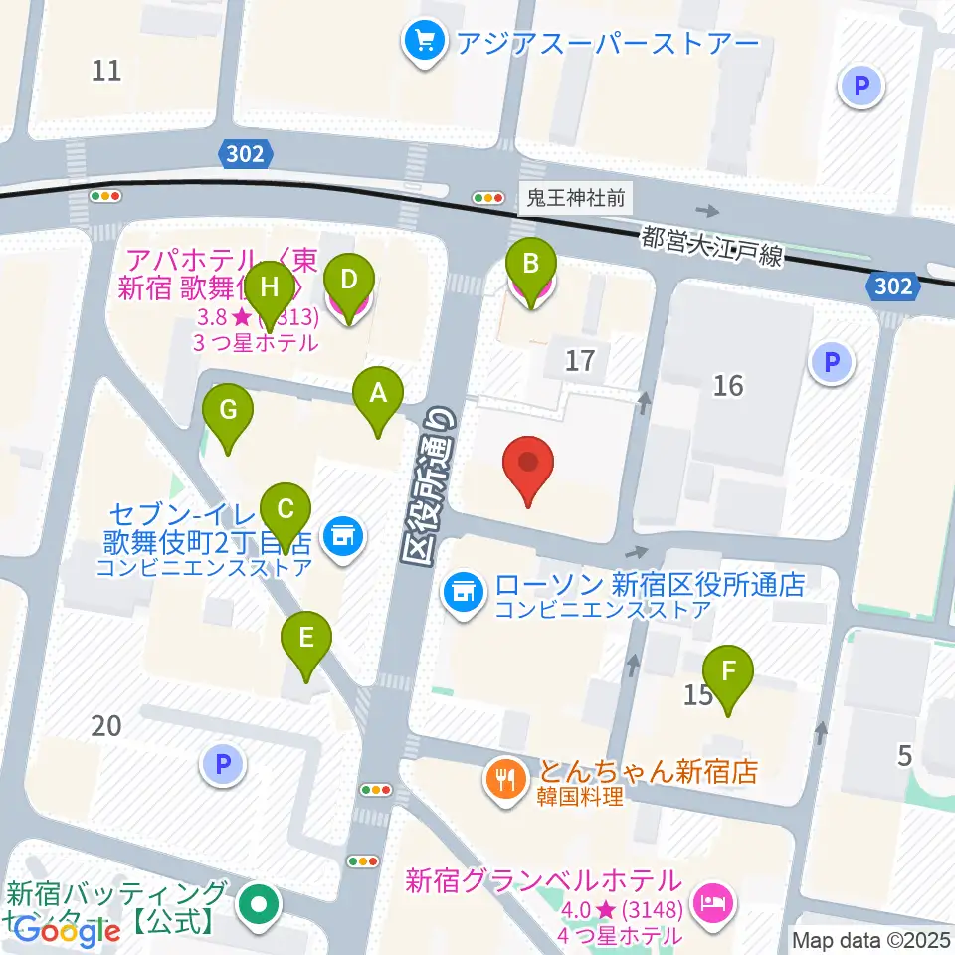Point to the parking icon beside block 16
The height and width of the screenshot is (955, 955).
point(832,362)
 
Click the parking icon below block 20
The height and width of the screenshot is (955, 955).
point(223,764)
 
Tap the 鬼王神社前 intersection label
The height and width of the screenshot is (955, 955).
point(576,198)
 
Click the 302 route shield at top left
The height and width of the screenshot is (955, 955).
point(245,152)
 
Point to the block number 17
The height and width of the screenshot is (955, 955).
point(579,360)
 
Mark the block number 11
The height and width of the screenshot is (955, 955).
point(106,70)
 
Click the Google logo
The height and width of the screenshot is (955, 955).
point(67,931)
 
